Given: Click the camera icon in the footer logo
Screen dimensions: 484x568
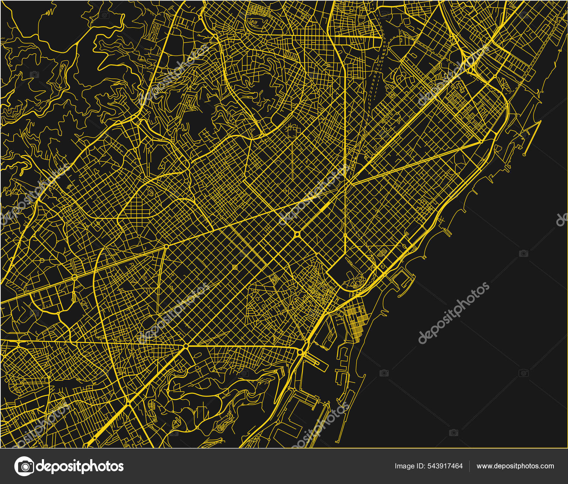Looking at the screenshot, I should pos(24,466).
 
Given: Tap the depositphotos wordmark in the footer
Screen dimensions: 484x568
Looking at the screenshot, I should pos(80,466).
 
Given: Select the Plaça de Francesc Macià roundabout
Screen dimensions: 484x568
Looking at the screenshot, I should pos(166,246).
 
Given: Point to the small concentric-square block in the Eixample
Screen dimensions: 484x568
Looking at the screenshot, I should pos(234,266).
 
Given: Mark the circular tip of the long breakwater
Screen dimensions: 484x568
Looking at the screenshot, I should pos(524,155).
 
